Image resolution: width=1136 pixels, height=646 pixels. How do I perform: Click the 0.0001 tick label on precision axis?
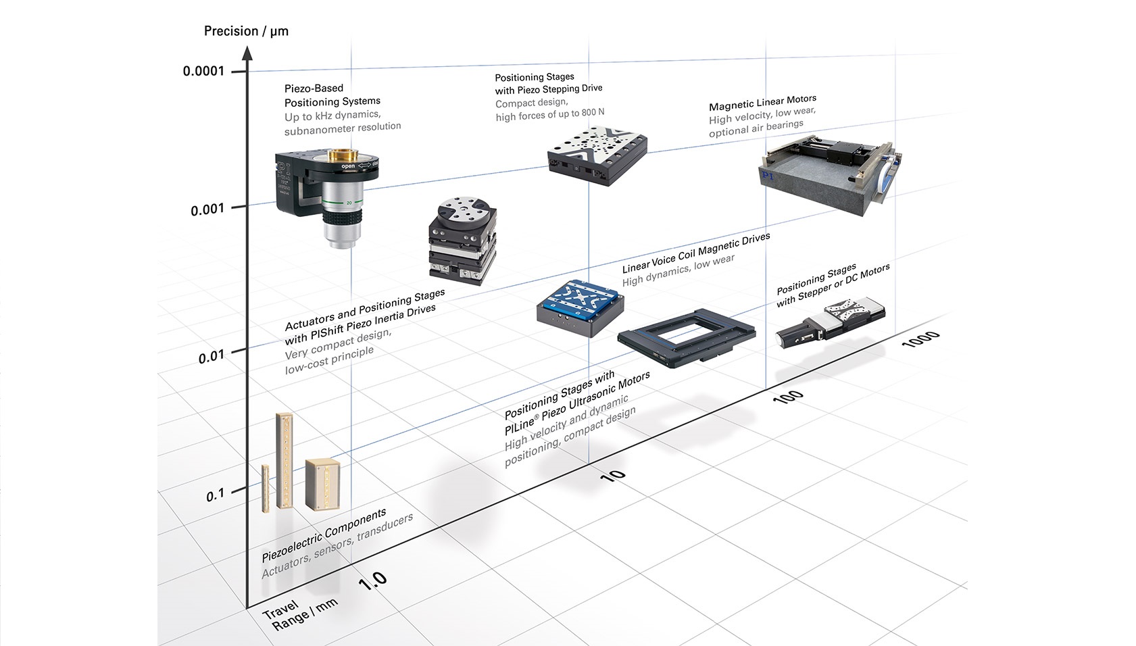point(203,71)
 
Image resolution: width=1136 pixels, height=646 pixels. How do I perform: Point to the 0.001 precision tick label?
point(207,209)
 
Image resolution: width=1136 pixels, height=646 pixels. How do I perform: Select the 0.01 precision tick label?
point(211,355)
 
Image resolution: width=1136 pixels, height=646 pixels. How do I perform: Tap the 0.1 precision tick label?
point(215,495)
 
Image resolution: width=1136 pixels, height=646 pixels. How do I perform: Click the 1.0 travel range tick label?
point(372,580)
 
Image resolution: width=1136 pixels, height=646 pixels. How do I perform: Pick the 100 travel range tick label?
point(788,397)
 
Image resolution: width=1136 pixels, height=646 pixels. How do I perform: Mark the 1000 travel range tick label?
point(920,339)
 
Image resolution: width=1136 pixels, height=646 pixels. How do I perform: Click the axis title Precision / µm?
point(246,31)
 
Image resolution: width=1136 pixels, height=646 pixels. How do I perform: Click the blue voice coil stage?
point(580,307)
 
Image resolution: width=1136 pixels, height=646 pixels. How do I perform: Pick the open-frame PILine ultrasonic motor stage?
point(687,337)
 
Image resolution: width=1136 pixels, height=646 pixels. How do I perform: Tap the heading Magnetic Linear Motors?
point(762,102)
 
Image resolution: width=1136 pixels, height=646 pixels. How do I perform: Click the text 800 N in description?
point(593,112)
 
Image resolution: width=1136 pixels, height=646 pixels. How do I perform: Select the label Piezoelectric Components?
point(324,535)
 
